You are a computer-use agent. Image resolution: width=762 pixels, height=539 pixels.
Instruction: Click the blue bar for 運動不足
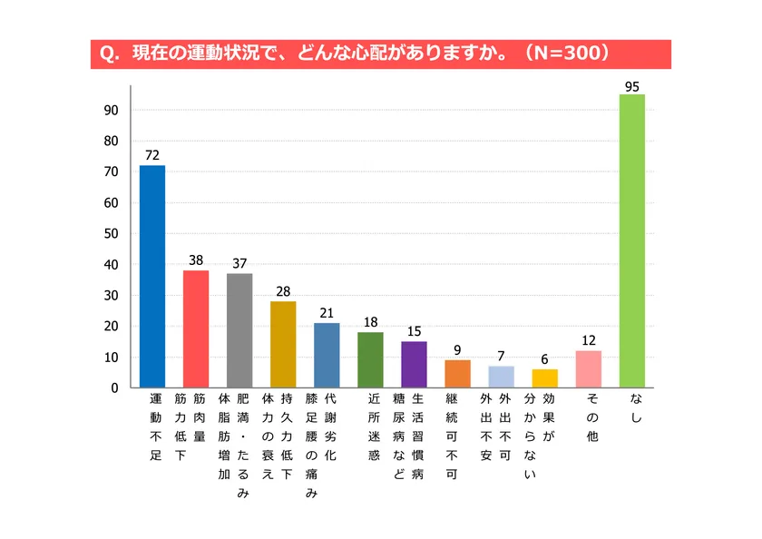tap(152, 277)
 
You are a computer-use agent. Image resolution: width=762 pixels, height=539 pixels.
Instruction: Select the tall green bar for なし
tap(632, 241)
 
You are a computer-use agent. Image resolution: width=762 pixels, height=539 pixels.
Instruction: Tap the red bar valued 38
tap(196, 328)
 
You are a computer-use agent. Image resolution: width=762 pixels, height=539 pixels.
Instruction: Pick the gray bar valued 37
tap(239, 330)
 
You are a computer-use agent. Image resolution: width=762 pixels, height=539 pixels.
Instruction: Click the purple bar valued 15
tap(414, 364)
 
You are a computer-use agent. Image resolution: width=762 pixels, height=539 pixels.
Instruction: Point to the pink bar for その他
tap(589, 368)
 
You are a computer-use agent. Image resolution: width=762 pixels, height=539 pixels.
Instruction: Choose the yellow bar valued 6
tap(545, 378)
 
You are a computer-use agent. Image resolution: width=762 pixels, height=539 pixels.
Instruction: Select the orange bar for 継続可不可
tap(457, 374)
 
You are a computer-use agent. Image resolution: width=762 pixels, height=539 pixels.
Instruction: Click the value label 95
tap(632, 86)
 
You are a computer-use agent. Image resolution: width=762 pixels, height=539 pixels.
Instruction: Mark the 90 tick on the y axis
tap(112, 110)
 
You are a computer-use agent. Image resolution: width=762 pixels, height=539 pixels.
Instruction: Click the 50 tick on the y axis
tap(112, 233)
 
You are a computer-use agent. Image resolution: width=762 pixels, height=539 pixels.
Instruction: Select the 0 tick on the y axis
tap(115, 387)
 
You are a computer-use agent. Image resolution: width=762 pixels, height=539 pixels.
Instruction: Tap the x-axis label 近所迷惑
tap(372, 428)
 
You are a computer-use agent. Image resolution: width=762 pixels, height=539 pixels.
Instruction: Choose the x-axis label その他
tap(591, 413)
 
